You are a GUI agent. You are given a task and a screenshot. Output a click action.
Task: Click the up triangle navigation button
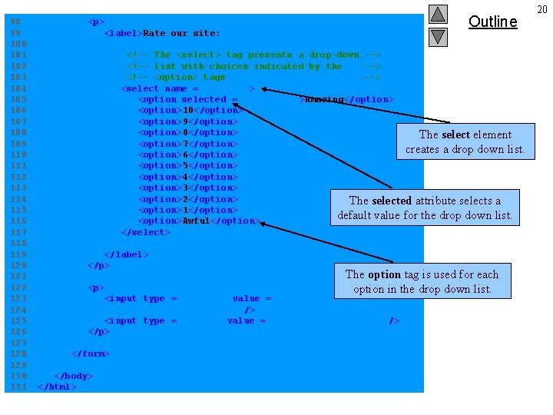click(x=438, y=14)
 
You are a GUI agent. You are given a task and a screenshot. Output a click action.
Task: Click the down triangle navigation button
click(x=438, y=36)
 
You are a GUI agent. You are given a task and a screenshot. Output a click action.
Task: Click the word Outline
click(x=492, y=22)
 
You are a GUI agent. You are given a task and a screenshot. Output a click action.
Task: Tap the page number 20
click(x=541, y=8)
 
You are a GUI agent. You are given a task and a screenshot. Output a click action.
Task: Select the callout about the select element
click(x=465, y=141)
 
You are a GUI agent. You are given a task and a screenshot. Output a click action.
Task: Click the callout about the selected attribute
click(x=425, y=207)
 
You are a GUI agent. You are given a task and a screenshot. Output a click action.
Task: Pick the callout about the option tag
click(x=422, y=281)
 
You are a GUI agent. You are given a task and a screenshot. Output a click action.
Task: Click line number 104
click(x=18, y=88)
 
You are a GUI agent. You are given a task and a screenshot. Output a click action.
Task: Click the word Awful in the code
click(x=196, y=221)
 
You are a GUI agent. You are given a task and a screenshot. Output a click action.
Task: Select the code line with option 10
click(x=187, y=110)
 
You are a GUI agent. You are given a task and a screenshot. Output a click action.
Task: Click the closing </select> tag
click(x=143, y=232)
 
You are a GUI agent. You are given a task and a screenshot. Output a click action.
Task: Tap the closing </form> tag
click(x=90, y=354)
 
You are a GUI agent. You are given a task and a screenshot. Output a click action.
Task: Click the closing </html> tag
click(x=57, y=387)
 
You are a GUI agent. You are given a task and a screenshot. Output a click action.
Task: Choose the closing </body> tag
click(x=73, y=376)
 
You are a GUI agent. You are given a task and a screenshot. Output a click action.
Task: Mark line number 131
click(x=18, y=387)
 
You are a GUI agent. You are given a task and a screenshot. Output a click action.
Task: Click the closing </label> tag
click(x=126, y=254)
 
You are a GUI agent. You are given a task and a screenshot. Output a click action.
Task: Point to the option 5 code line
click(x=187, y=165)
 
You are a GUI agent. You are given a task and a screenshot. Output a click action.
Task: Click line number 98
click(x=15, y=22)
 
